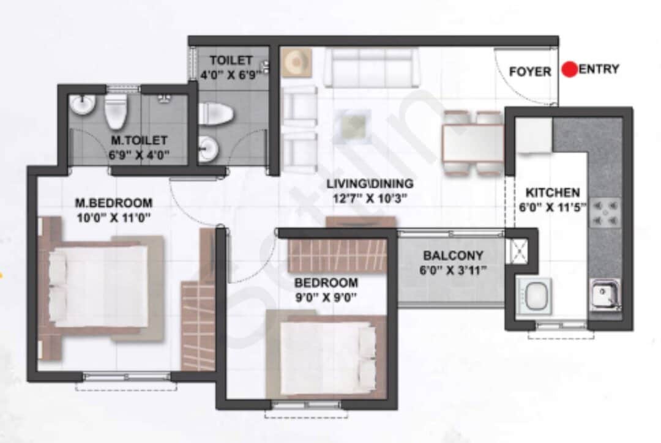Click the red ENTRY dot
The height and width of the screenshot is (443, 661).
[570, 70]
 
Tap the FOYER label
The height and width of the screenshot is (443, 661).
[529, 72]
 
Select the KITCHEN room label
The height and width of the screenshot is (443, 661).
[552, 192]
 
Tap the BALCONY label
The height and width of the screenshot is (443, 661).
[453, 256]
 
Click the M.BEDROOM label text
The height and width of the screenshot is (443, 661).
[114, 203]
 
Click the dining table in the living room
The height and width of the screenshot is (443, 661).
[472, 143]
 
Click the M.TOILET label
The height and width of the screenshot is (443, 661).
[138, 141]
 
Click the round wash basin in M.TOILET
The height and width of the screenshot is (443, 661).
[81, 105]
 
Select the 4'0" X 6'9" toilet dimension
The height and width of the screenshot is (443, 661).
[231, 74]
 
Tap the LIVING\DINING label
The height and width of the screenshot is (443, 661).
[370, 184]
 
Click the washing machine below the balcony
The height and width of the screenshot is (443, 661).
[534, 296]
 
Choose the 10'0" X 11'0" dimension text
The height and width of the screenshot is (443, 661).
[114, 217]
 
